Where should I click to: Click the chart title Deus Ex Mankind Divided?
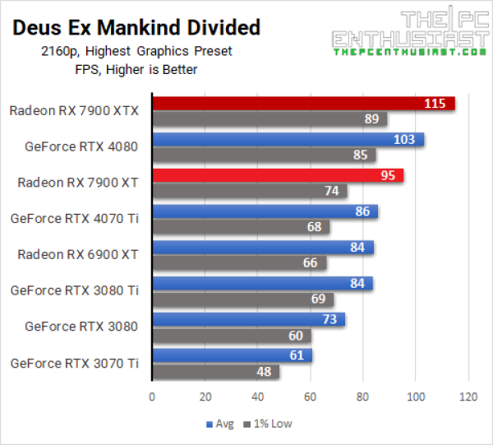[136, 27]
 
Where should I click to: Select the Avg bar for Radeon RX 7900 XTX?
[303, 104]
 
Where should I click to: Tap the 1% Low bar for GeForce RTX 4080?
[264, 155]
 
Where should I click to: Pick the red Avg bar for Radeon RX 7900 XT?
[278, 175]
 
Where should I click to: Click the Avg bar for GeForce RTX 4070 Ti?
[265, 211]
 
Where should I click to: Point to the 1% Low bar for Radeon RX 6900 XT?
[239, 263]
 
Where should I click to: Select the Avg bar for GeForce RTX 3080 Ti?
[262, 284]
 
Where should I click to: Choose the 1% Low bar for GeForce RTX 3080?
[232, 336]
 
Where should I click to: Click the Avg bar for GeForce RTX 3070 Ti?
[233, 355]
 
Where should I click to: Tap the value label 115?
[435, 104]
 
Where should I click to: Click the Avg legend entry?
[219, 424]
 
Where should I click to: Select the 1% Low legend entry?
[270, 424]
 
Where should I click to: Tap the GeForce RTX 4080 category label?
[81, 147]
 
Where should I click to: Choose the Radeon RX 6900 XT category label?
[78, 254]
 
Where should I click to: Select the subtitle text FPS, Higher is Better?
[136, 68]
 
